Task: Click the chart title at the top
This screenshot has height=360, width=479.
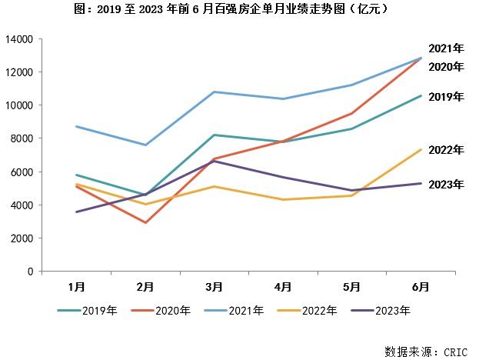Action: pos(239,10)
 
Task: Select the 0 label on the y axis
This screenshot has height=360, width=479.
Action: pos(31,272)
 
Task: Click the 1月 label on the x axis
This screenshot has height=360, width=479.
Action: pos(76,287)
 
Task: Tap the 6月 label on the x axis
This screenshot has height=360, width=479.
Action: pos(421,287)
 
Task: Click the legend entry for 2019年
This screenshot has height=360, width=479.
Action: pos(88,311)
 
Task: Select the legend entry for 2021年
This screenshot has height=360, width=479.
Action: pos(235,311)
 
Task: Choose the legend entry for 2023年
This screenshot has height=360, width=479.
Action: pos(381,311)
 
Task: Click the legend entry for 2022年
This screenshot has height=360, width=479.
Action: pos(308,311)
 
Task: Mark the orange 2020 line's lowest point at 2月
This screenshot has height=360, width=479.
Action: pos(145,223)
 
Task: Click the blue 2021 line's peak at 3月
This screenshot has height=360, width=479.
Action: pos(214,92)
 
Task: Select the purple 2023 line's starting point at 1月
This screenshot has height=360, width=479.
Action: pos(76,212)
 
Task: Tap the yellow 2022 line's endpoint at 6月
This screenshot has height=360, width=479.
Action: pos(421,149)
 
